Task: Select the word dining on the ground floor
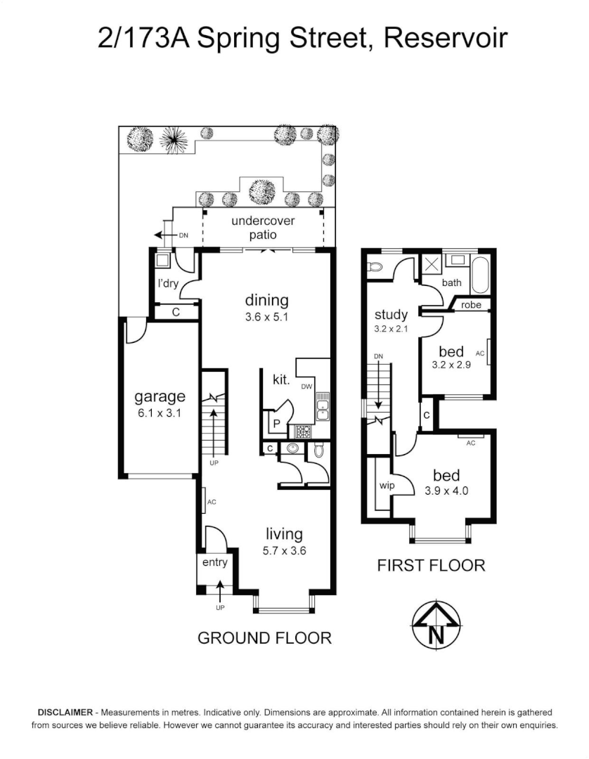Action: (x=266, y=301)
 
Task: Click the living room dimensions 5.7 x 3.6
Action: (x=284, y=551)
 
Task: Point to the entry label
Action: (x=215, y=562)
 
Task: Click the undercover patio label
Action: (x=264, y=228)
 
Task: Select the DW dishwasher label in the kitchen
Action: (x=306, y=387)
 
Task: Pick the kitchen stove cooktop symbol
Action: (x=303, y=431)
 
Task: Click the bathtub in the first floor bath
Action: (x=481, y=275)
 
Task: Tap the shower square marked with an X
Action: (x=429, y=266)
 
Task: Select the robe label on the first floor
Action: (x=471, y=305)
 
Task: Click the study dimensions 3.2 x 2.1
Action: (x=391, y=328)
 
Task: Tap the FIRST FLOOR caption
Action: (x=431, y=565)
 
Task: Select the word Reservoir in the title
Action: (x=445, y=39)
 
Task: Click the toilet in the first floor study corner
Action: (x=374, y=267)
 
